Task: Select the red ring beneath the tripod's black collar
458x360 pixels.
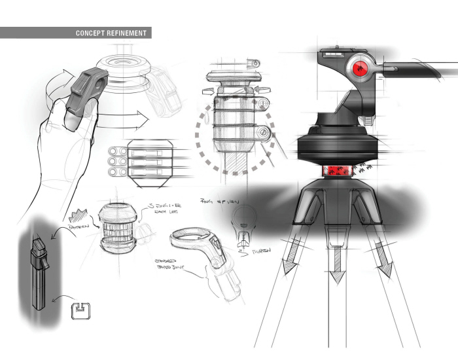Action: pyautogui.click(x=337, y=171)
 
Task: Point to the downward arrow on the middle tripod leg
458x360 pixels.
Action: pyautogui.click(x=337, y=268)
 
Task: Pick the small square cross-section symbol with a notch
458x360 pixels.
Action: pyautogui.click(x=80, y=310)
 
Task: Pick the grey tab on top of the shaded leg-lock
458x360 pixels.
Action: pyautogui.click(x=38, y=249)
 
